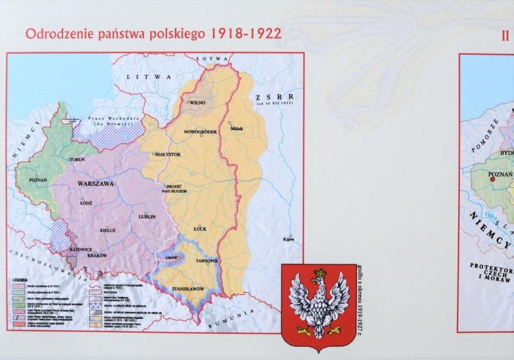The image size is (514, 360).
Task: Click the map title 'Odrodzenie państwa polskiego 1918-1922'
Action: [x=153, y=34]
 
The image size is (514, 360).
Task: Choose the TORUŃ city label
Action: [x=77, y=159]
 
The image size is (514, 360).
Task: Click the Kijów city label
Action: [x=288, y=239]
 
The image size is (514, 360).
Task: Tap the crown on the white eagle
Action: [x=317, y=273]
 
